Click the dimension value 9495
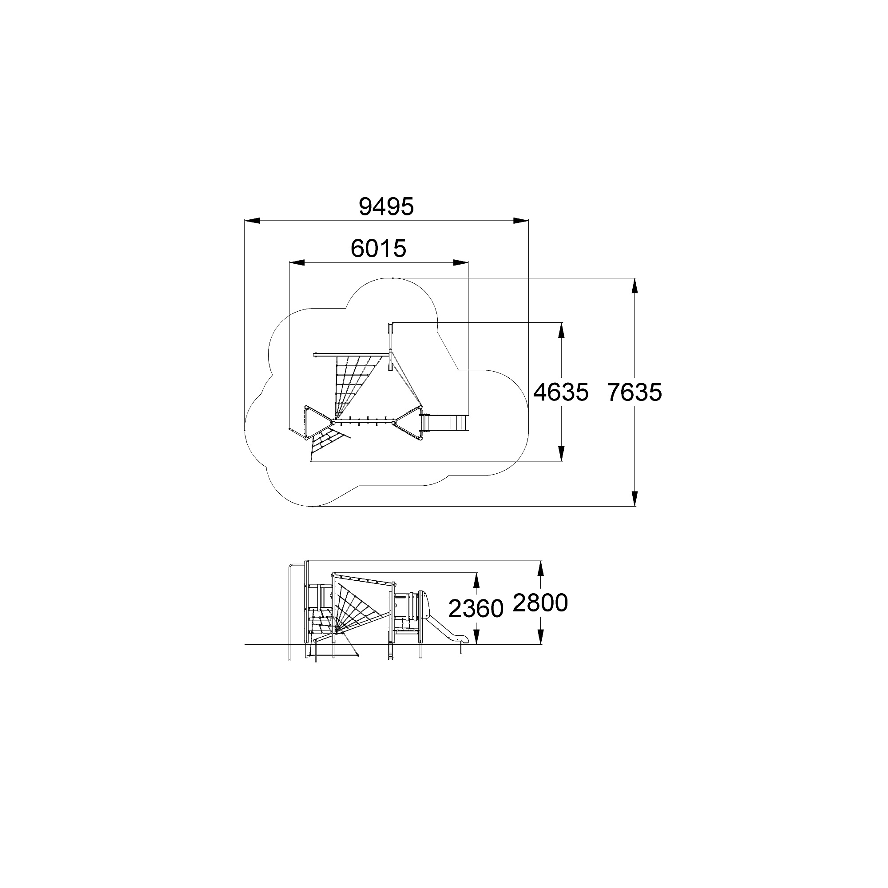tap(386, 207)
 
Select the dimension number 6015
tap(378, 249)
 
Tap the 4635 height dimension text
tap(561, 392)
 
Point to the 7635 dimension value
tap(634, 392)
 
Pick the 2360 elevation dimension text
tap(476, 609)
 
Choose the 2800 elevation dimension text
tap(540, 603)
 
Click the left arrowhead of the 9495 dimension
tap(252, 221)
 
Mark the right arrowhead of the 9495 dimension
tap(521, 221)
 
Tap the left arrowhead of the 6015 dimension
tap(297, 262)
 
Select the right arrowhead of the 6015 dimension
tap(460, 262)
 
